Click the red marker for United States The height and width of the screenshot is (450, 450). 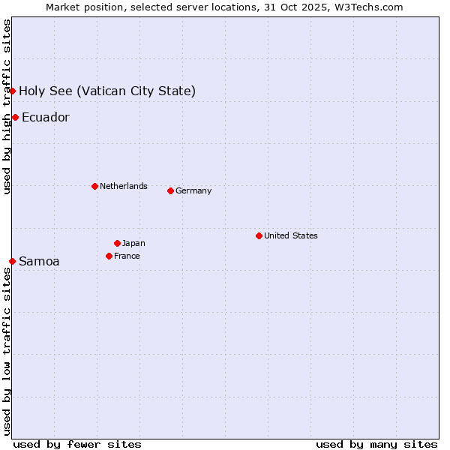pos(259,235)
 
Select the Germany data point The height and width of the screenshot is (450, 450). pos(170,190)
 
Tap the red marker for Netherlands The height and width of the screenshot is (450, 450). pos(94,186)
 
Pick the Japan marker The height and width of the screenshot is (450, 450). pos(117,243)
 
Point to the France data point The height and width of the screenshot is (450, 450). pos(109,256)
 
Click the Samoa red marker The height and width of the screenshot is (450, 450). pos(13,261)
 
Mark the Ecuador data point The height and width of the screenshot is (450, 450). pos(15,117)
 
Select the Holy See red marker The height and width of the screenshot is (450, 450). pos(13,91)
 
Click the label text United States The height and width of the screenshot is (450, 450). pos(290,235)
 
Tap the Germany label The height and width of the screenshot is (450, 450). pos(193,190)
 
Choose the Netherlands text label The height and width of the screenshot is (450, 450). pos(123,186)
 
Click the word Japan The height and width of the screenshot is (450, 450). pos(133,243)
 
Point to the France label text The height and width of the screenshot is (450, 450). pos(127,256)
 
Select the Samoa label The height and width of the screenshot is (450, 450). pos(39,261)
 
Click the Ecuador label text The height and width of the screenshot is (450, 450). pos(45,117)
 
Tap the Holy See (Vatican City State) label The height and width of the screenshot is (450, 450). pos(107,91)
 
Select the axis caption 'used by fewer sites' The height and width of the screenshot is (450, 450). pos(77,444)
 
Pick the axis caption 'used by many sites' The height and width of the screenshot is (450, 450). pos(376,444)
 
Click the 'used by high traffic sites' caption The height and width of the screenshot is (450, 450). pos(7,106)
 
